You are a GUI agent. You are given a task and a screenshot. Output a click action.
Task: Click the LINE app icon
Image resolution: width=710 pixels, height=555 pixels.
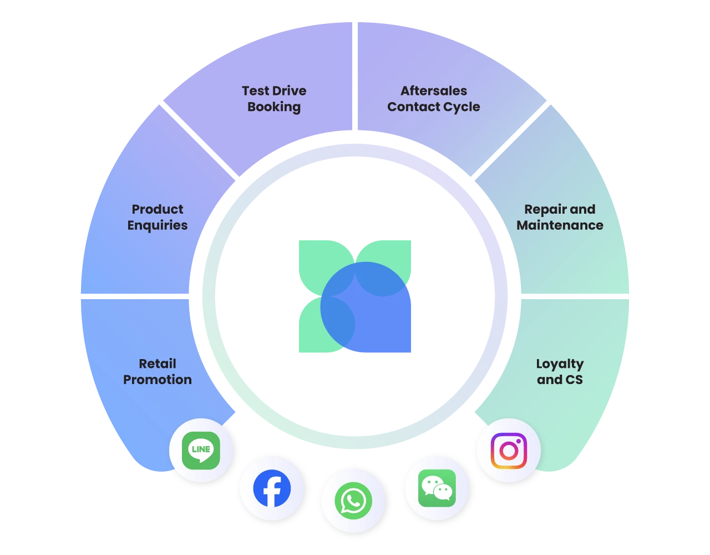coord(201,450)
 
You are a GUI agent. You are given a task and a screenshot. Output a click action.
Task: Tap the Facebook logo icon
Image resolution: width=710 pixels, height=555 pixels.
coord(272,488)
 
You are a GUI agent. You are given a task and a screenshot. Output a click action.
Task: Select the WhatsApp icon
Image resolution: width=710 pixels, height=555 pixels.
coord(353,501)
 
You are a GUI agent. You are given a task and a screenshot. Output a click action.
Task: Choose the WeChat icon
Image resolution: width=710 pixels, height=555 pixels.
coord(437,488)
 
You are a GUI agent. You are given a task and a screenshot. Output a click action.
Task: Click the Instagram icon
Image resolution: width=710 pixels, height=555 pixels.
coord(509,450)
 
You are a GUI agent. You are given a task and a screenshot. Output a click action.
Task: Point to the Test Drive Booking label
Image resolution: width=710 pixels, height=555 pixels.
coord(274,99)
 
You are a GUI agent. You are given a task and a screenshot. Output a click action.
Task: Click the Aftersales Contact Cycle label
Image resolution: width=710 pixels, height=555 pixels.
coord(434,99)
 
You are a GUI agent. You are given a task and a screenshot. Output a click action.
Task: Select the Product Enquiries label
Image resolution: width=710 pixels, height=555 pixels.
coord(158,217)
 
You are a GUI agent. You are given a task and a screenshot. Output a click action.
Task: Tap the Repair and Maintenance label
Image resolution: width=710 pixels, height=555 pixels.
coord(560,217)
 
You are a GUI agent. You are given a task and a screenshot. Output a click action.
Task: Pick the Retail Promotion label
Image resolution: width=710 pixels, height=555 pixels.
coord(158,372)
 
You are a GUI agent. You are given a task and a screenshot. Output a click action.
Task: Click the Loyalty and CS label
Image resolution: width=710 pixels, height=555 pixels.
coord(560,372)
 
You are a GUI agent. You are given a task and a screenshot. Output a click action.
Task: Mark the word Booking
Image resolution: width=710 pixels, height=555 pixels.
coord(274,107)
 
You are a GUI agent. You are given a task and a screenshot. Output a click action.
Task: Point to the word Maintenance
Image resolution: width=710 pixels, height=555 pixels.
coord(560,225)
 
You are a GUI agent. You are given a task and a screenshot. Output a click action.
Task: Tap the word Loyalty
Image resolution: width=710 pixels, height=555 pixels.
coord(560,364)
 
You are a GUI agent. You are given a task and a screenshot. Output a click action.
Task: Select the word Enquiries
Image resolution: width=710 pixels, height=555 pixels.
coord(158,225)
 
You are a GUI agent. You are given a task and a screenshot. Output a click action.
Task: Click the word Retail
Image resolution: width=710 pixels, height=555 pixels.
coord(158,364)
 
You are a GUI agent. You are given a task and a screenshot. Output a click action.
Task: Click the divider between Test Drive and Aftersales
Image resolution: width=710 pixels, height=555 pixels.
coord(354,78)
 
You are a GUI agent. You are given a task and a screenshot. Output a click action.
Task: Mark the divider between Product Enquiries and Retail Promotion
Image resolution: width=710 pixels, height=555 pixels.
coord(136,296)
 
